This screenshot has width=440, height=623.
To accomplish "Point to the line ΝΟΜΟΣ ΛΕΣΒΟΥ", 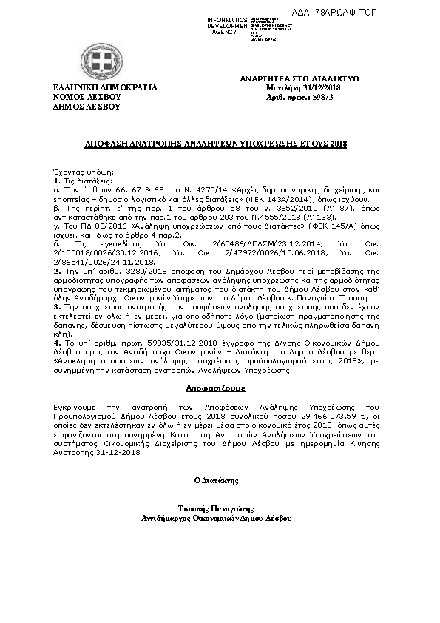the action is [x=87, y=96].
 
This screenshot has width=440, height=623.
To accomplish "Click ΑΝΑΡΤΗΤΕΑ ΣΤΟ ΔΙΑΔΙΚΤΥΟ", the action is [x=299, y=78].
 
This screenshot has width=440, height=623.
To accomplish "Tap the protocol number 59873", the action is [x=323, y=96].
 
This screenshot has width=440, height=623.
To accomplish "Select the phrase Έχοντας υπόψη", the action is [x=75, y=172].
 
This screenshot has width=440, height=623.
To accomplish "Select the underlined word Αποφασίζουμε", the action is [x=211, y=388].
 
